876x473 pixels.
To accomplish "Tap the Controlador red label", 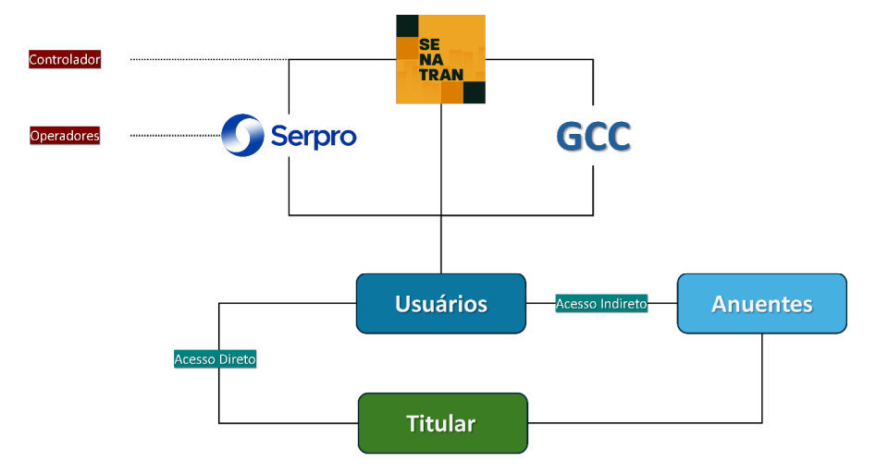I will click(x=65, y=60).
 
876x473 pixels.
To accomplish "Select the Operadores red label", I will click(x=65, y=136).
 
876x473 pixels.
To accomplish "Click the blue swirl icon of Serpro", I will click(x=243, y=136).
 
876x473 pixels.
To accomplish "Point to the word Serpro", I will click(x=314, y=136).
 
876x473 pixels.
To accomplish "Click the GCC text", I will click(x=593, y=137).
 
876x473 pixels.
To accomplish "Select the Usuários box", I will click(x=440, y=304).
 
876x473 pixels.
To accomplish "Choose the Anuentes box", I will click(x=761, y=304).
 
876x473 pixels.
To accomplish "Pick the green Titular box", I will click(x=441, y=423).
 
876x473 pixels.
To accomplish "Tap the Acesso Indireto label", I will click(x=601, y=304).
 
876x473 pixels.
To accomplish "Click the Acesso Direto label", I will click(x=215, y=359).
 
